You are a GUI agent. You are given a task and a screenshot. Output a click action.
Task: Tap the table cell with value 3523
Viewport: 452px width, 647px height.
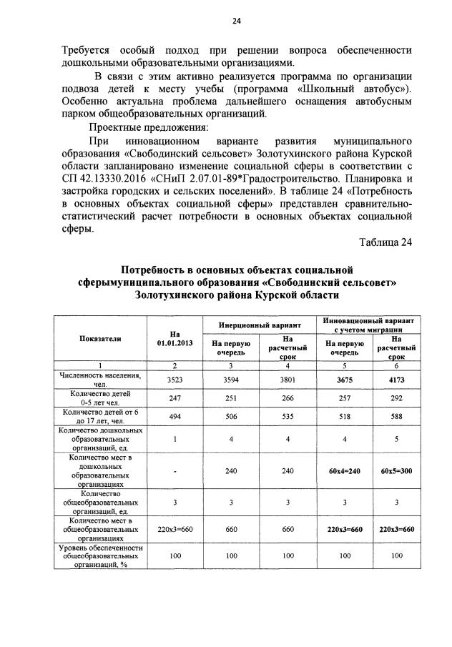175,380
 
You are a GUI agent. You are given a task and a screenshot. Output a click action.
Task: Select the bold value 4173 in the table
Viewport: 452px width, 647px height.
397,380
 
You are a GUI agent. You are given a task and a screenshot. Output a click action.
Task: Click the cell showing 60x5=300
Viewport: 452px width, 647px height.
397,473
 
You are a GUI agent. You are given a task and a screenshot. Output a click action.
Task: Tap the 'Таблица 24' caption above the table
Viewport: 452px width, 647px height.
385,242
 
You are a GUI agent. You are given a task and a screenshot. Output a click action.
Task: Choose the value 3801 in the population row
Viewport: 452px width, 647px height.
288,380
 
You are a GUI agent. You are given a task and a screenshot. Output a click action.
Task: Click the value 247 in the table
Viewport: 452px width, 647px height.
175,398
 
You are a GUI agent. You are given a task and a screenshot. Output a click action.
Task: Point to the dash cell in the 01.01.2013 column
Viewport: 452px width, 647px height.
175,473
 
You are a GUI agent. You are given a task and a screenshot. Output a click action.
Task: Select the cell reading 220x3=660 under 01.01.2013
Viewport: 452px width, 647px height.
175,529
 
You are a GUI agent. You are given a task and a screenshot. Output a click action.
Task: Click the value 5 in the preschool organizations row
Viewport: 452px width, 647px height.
397,440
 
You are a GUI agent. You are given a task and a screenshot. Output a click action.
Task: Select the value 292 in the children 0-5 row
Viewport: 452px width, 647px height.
397,398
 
